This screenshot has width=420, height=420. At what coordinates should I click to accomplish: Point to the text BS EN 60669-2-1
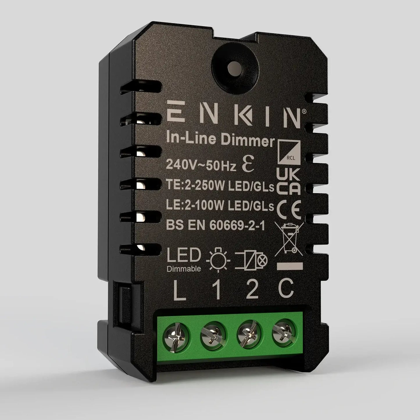[x=215, y=226]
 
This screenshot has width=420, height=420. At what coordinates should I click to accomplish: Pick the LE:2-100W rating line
[x=220, y=206]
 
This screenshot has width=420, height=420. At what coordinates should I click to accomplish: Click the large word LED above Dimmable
[x=184, y=255]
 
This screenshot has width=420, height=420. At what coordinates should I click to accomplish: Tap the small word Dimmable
[x=184, y=269]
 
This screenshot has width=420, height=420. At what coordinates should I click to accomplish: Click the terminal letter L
[x=180, y=291]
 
